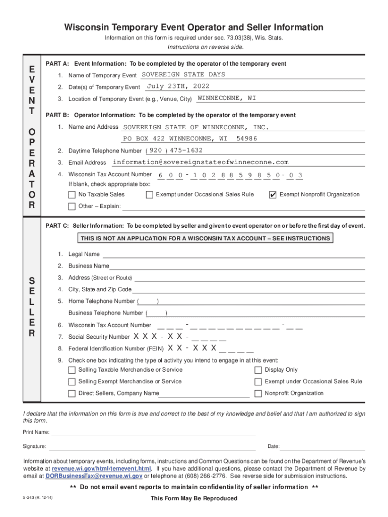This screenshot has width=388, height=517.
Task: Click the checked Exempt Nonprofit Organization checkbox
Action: coord(273,195)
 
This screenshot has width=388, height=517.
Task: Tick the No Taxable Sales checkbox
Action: coord(72,195)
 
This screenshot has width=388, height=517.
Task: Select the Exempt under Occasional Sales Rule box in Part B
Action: coord(149,195)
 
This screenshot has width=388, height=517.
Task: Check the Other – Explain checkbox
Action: coord(72,206)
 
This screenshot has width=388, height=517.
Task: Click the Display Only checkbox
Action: coord(258,370)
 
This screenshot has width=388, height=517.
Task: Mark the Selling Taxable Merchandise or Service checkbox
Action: coord(72,370)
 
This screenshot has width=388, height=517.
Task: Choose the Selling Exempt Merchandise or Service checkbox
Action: coord(72,382)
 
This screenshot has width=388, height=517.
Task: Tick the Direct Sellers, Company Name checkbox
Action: coord(72,393)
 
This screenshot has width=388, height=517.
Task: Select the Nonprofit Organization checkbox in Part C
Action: coord(258,393)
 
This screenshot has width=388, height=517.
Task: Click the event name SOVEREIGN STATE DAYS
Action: coord(183,75)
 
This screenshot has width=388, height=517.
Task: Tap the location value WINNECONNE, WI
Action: coord(227,98)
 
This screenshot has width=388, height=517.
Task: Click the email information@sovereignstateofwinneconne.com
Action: coord(201,162)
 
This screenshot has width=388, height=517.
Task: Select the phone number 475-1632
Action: coord(186,150)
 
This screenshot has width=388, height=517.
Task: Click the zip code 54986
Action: coord(246,138)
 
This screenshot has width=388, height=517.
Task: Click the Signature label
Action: coord(34,447)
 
